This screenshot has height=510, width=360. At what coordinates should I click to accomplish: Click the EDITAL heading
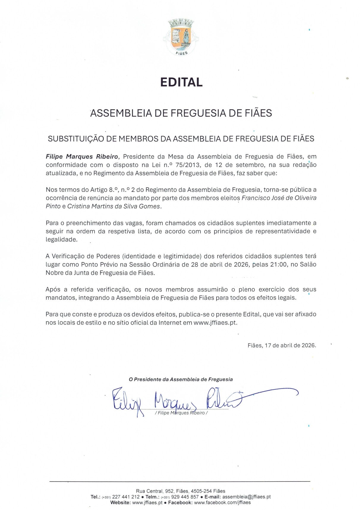pyautogui.click(x=181, y=82)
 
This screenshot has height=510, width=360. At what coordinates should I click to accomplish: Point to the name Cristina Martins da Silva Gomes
pyautogui.click(x=114, y=206)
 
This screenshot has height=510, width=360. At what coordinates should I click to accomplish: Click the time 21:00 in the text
pyautogui.click(x=279, y=264)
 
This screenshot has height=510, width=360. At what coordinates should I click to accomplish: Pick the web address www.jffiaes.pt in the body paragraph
pyautogui.click(x=215, y=323)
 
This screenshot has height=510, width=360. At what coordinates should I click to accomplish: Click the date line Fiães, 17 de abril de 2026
pyautogui.click(x=282, y=345)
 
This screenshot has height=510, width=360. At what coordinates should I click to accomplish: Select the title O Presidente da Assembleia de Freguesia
pyautogui.click(x=181, y=379)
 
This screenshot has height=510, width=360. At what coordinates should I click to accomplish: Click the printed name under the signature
pyautogui.click(x=181, y=413)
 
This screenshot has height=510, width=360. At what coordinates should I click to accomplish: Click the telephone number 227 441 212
pyautogui.click(x=126, y=497)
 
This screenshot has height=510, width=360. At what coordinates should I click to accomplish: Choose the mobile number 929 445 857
pyautogui.click(x=185, y=497)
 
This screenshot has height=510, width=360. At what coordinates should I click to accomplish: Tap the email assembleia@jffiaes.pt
pyautogui.click(x=246, y=497)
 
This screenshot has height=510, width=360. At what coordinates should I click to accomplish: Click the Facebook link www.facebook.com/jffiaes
pyautogui.click(x=222, y=503)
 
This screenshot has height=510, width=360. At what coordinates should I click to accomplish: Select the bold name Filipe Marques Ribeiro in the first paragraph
pyautogui.click(x=82, y=157)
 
